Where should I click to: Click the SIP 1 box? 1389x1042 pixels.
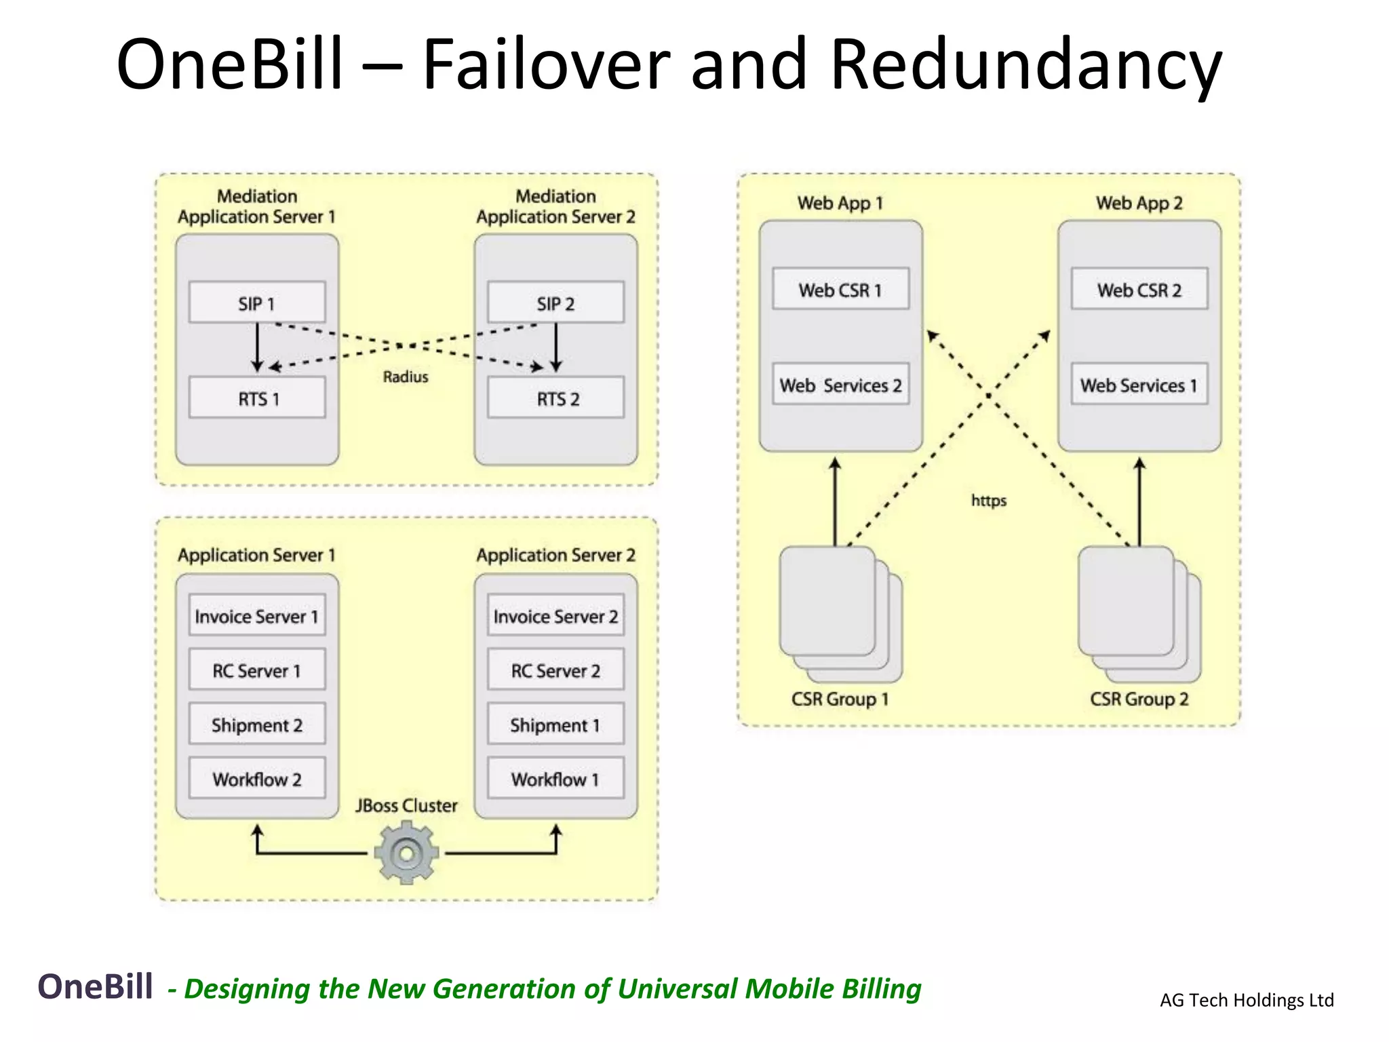(256, 303)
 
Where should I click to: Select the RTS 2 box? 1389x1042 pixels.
(555, 398)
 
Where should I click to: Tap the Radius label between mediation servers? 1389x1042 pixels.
(406, 377)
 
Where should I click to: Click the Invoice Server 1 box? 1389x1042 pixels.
(256, 616)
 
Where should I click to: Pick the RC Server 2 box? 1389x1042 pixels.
(555, 670)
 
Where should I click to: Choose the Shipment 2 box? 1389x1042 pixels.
(256, 725)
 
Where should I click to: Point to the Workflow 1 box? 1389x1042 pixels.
(555, 779)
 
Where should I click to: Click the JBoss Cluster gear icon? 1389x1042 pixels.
(406, 853)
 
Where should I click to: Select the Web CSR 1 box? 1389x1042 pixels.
(840, 290)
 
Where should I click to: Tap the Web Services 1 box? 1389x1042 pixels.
(1139, 385)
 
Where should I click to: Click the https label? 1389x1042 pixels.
(988, 501)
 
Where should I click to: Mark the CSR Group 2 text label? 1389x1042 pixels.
(1139, 699)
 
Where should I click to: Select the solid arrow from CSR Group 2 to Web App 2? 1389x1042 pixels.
(1139, 502)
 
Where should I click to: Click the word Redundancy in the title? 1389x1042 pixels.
(1025, 64)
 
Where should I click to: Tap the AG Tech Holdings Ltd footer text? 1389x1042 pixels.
(1247, 1000)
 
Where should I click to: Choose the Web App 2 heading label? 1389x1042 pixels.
(1139, 203)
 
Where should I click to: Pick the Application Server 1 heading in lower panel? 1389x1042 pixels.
(256, 555)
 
